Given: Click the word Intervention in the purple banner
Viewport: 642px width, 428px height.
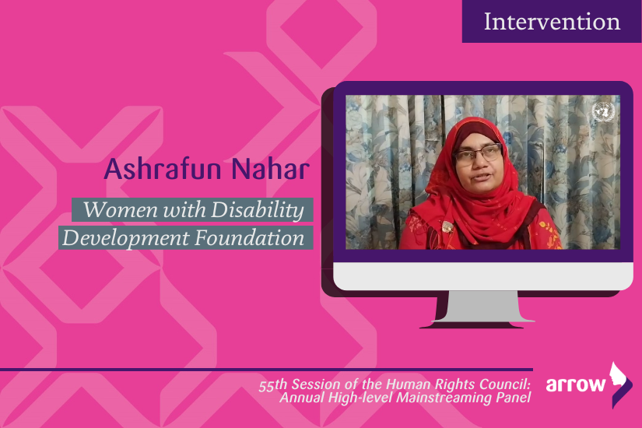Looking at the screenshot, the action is [x=552, y=22].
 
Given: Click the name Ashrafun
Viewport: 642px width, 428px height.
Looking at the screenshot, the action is [x=163, y=169].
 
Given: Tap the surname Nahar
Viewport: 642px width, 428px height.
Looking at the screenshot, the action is [x=270, y=169].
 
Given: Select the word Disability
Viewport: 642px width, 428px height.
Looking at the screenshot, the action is [x=258, y=210].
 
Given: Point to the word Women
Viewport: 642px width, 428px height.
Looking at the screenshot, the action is [x=121, y=209].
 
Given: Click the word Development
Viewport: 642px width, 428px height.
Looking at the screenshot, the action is [x=126, y=238].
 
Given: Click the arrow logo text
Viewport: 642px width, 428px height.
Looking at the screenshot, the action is [x=575, y=384].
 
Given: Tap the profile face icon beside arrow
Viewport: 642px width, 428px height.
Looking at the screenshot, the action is [x=620, y=384].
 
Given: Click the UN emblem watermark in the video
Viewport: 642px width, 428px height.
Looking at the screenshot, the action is [x=604, y=111].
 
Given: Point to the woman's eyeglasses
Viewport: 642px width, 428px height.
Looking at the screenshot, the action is [x=478, y=154].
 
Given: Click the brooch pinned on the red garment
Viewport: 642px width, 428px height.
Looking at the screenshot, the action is [x=447, y=226].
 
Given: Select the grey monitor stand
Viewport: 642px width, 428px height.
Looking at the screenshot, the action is [x=482, y=307].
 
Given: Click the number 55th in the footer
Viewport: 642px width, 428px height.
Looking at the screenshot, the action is [x=273, y=385].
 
